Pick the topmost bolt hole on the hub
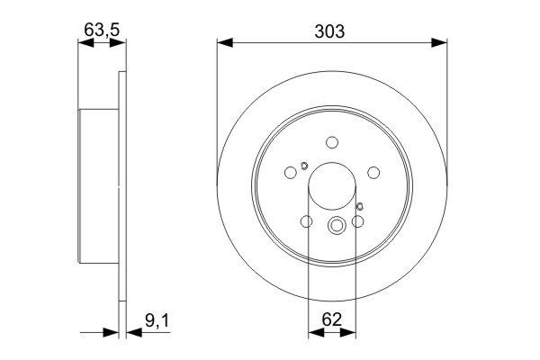331,141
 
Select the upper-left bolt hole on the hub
291,172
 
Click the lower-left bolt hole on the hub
306,220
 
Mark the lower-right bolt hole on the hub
357,220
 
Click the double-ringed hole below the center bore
337,227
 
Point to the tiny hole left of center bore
304,165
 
